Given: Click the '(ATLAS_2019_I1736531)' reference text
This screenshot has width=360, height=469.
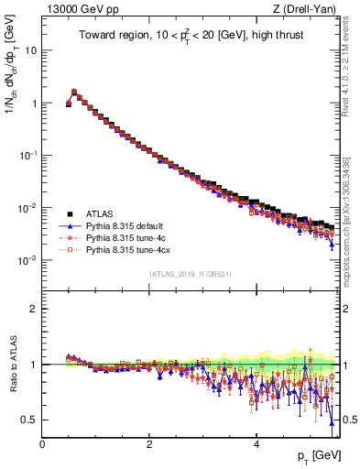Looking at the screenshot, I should click(x=190, y=274).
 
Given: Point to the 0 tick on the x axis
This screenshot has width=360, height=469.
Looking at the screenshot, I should click(x=42, y=443).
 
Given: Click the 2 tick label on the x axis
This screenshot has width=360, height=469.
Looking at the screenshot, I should click(x=149, y=443).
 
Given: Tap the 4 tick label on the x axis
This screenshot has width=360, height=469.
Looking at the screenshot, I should click(x=256, y=443).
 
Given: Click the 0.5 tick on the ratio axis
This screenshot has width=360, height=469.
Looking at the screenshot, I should click(x=29, y=420).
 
